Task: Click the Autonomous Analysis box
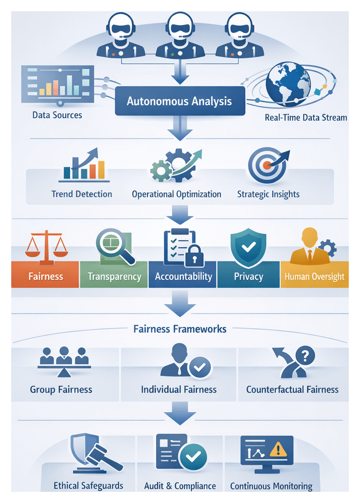pyautogui.click(x=179, y=101)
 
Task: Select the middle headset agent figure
pyautogui.click(x=179, y=35)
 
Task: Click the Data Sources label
pyautogui.click(x=57, y=115)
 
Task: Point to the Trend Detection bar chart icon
pyautogui.click(x=83, y=165)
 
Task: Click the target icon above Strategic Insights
pyautogui.click(x=267, y=165)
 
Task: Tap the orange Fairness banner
pyautogui.click(x=45, y=276)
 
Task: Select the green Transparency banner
pyautogui.click(x=114, y=276)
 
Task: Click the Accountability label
pyautogui.click(x=183, y=276)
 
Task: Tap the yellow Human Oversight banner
pyautogui.click(x=314, y=276)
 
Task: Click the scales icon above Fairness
pyautogui.click(x=45, y=246)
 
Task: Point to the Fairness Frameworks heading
pyautogui.click(x=180, y=329)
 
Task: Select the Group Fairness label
pyautogui.click(x=61, y=389)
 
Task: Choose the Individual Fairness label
pyautogui.click(x=179, y=389)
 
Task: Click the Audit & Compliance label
pyautogui.click(x=180, y=486)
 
